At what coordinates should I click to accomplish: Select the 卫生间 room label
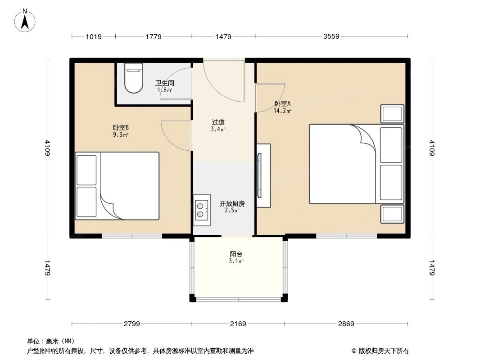pyautogui.click(x=164, y=83)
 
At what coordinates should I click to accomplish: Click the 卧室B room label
pyautogui.click(x=121, y=127)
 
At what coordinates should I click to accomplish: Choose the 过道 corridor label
pyautogui.click(x=218, y=122)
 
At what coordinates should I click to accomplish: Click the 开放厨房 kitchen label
pyautogui.click(x=232, y=203)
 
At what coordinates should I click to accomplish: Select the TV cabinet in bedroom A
pyautogui.click(x=263, y=175)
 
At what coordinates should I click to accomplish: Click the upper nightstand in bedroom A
pyautogui.click(x=392, y=114)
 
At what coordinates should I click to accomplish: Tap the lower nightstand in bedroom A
pyautogui.click(x=392, y=214)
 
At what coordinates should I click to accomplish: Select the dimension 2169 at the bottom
pyautogui.click(x=238, y=324)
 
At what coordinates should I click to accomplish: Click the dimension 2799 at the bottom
pyautogui.click(x=132, y=324)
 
